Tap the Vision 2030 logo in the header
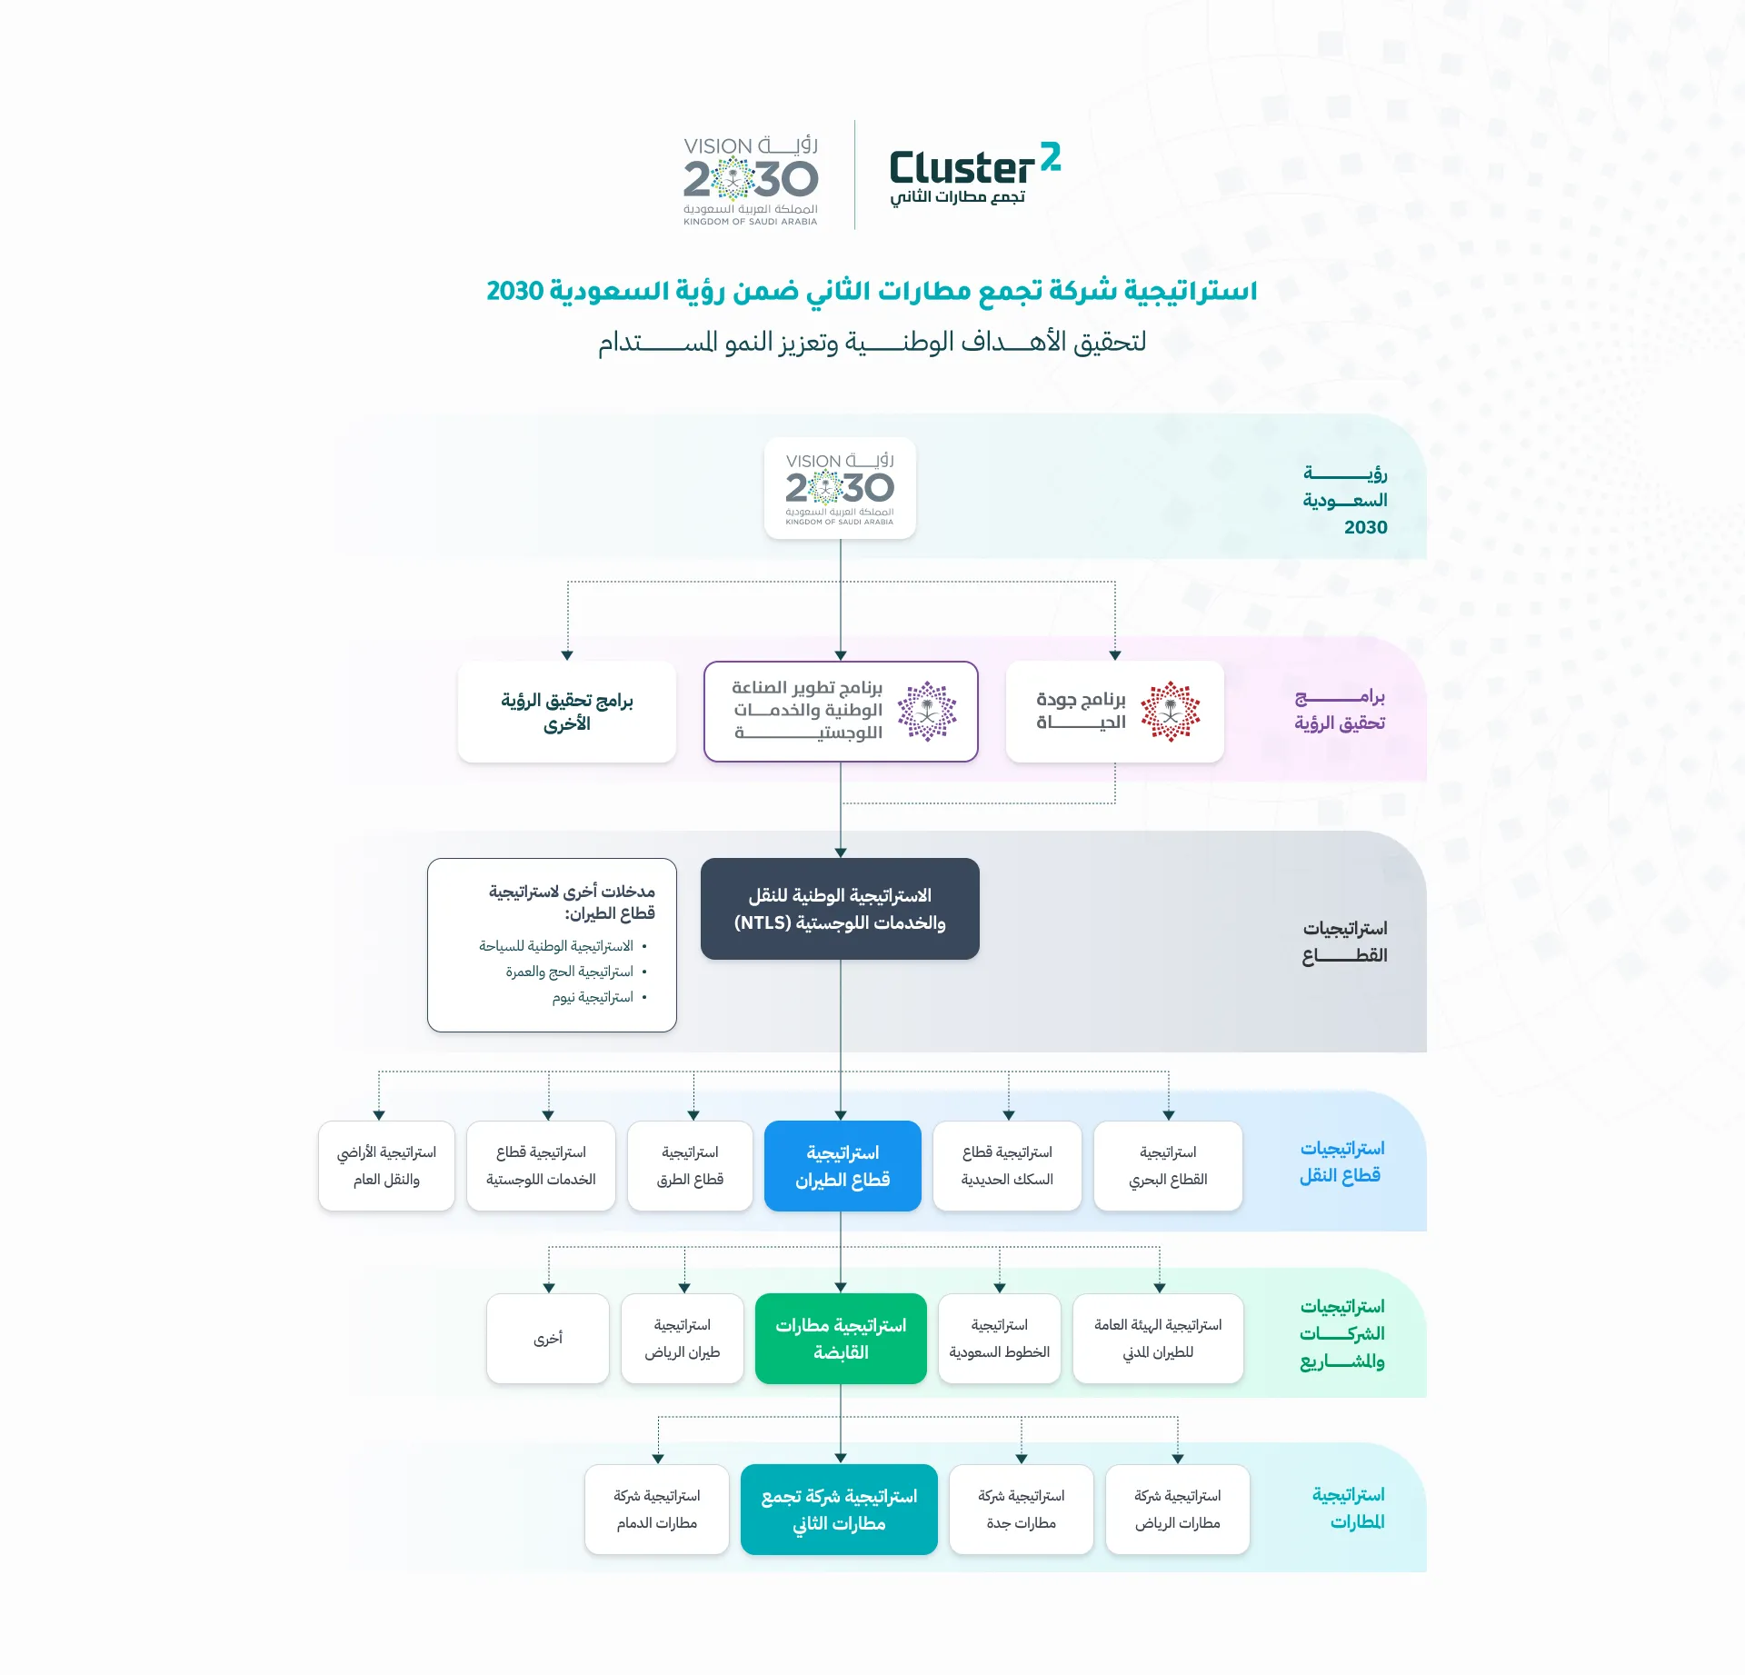(x=751, y=181)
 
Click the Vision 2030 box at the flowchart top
(x=840, y=488)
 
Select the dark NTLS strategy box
(x=840, y=909)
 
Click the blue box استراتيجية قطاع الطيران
(x=843, y=1166)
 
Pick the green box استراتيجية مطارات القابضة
(x=841, y=1339)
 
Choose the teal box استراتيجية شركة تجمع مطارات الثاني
(x=839, y=1510)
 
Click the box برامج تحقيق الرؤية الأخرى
(x=567, y=712)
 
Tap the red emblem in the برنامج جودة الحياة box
(x=1171, y=712)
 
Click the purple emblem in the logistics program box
(x=927, y=712)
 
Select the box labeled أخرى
(x=548, y=1339)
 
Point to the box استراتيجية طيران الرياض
(x=683, y=1339)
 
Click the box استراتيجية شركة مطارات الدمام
(x=657, y=1510)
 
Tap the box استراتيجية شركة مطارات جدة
(x=1022, y=1510)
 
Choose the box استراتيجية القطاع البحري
(x=1168, y=1166)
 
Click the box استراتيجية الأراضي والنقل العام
(x=386, y=1166)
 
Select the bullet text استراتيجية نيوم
(x=593, y=998)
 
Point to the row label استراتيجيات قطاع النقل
(x=1341, y=1162)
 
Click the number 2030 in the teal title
(x=515, y=291)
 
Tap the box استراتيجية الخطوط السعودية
(x=1000, y=1339)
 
